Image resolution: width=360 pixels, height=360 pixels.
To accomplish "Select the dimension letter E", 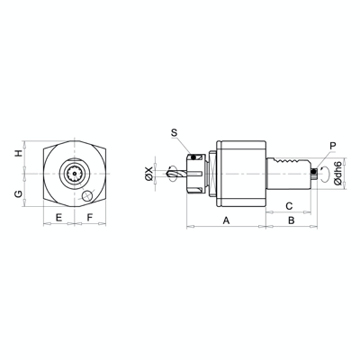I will click(x=58, y=218).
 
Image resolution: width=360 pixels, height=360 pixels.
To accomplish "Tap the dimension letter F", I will click(x=90, y=218).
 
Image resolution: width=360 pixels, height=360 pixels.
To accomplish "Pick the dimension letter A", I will click(x=226, y=220).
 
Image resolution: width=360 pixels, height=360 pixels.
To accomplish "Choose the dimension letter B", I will click(x=290, y=220).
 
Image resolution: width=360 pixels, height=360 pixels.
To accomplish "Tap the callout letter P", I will click(x=332, y=144).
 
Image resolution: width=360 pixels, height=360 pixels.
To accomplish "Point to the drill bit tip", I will click(x=169, y=172).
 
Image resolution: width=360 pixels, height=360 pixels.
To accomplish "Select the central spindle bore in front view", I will click(x=74, y=172).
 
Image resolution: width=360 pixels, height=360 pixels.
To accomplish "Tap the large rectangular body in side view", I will click(x=240, y=172).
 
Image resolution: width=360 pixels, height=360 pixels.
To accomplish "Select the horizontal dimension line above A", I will click(x=226, y=226).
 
